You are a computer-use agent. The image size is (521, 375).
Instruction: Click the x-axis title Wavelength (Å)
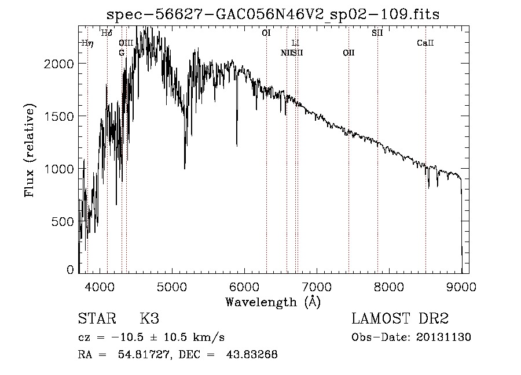tap(273, 302)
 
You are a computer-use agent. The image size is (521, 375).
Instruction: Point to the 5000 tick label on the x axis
tap(171, 285)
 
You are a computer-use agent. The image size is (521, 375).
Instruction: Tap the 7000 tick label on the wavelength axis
tap(316, 285)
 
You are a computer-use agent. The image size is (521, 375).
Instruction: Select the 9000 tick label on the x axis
tap(461, 285)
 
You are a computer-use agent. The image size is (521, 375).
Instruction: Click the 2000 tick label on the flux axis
tap(60, 64)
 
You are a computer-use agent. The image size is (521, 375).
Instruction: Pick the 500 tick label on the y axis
tap(63, 221)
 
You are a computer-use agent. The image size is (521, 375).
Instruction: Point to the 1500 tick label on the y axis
tap(60, 116)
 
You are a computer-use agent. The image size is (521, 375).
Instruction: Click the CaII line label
tap(425, 43)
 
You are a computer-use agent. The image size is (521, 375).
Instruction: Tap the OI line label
tap(266, 34)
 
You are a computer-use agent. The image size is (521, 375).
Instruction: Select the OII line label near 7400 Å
tap(348, 53)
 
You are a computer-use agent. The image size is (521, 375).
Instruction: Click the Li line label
tap(295, 43)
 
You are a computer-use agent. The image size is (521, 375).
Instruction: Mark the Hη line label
tap(87, 43)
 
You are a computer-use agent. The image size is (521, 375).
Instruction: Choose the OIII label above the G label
tap(126, 43)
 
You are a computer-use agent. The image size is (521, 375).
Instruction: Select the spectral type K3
tap(149, 319)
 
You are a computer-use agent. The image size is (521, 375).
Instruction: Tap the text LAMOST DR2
tap(400, 319)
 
